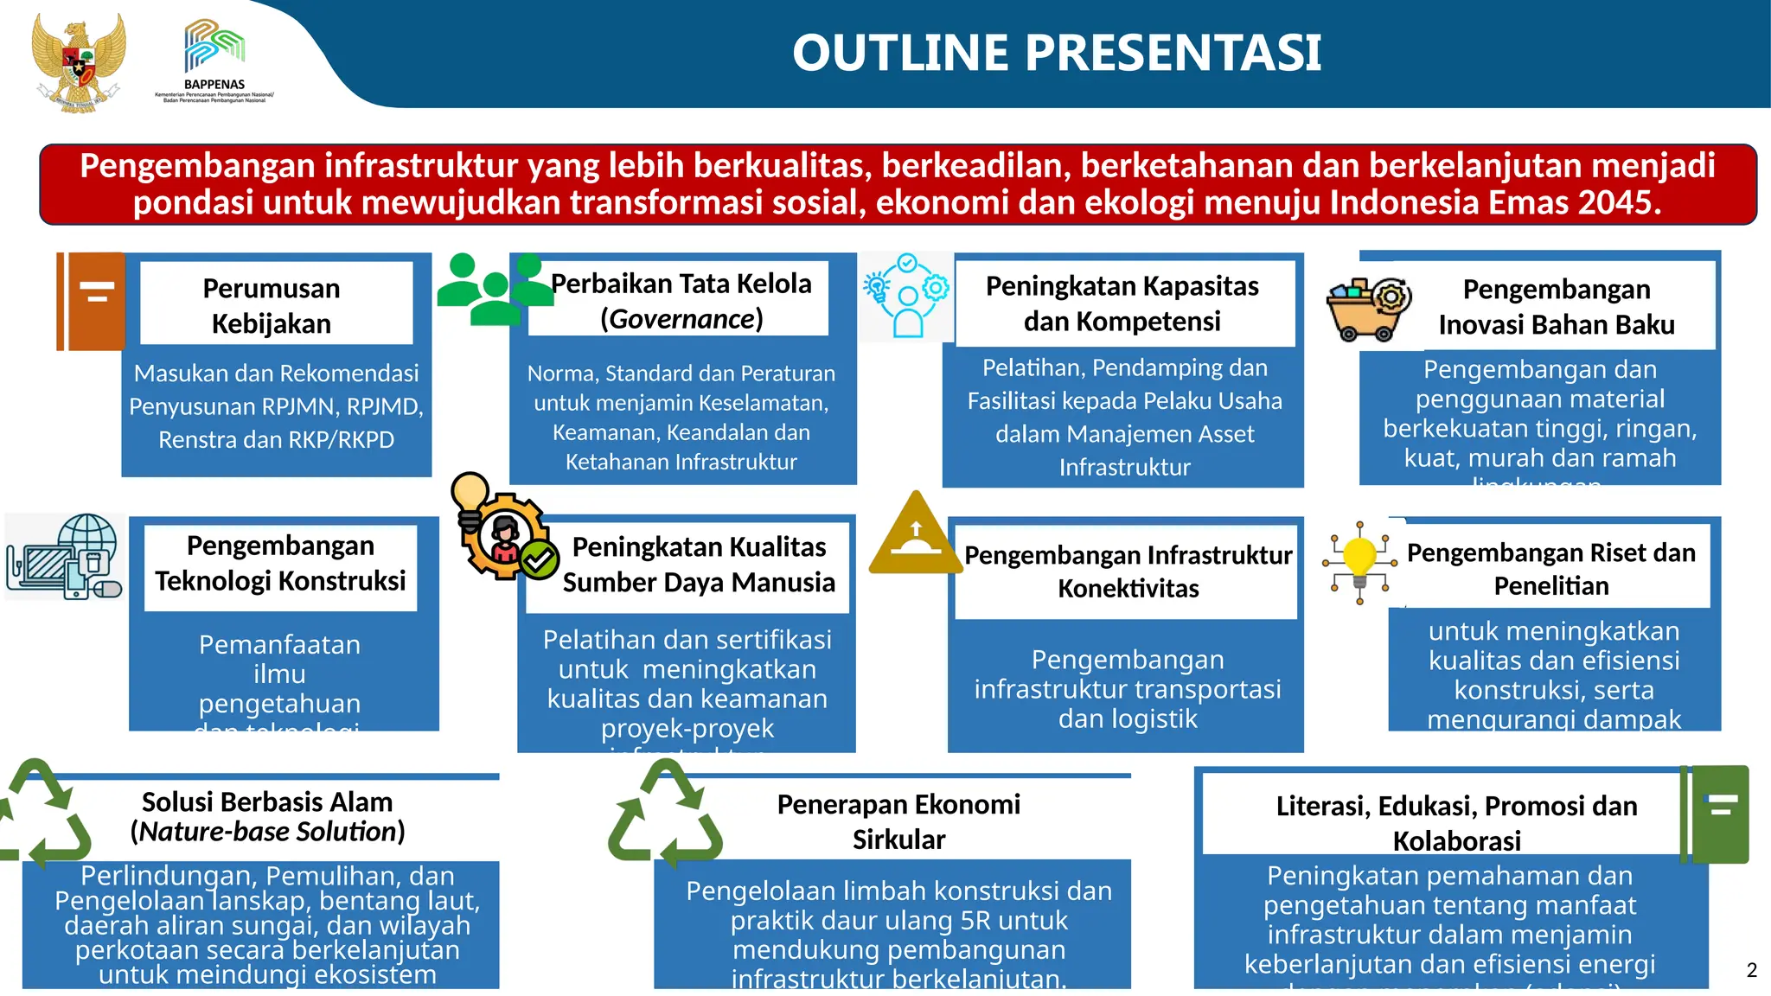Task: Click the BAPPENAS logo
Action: point(214,61)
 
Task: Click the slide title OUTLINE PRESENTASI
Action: point(1056,53)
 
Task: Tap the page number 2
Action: point(1751,970)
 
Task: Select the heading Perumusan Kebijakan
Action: point(272,305)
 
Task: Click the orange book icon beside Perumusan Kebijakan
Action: point(91,301)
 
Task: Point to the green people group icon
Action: point(494,290)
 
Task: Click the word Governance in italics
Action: point(681,319)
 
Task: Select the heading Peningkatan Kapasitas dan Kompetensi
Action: point(1122,303)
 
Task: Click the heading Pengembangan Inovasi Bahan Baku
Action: point(1556,306)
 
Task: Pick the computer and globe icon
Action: point(64,557)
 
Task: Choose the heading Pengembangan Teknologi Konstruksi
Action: point(280,563)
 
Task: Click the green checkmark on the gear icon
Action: point(540,560)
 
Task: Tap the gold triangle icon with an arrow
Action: point(915,534)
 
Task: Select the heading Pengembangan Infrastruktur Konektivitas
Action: point(1128,571)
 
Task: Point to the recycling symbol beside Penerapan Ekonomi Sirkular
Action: point(665,814)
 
